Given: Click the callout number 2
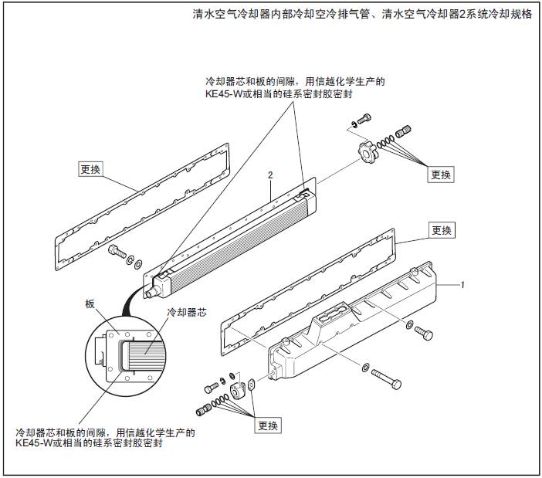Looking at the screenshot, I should pos(270,175).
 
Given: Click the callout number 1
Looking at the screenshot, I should pos(462,285).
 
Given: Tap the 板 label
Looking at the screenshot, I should pos(90,304).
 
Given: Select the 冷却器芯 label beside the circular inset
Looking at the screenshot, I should pos(188,313).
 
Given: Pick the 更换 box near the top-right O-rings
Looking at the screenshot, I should pos(441,175).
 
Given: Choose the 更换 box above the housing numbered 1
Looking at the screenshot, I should pos(442,230).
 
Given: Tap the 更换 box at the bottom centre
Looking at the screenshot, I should pos(269,425).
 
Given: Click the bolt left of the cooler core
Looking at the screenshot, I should pos(116,251).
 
